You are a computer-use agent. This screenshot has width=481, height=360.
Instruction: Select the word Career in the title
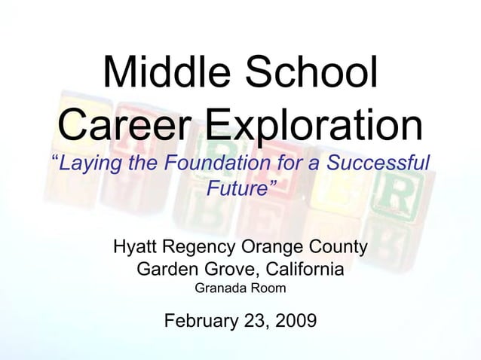[x=129, y=127]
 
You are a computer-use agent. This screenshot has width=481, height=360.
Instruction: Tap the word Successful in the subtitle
[x=378, y=163]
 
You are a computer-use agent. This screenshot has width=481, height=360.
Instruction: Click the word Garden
[x=165, y=269]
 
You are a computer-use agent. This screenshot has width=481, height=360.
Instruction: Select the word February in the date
[x=198, y=322]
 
